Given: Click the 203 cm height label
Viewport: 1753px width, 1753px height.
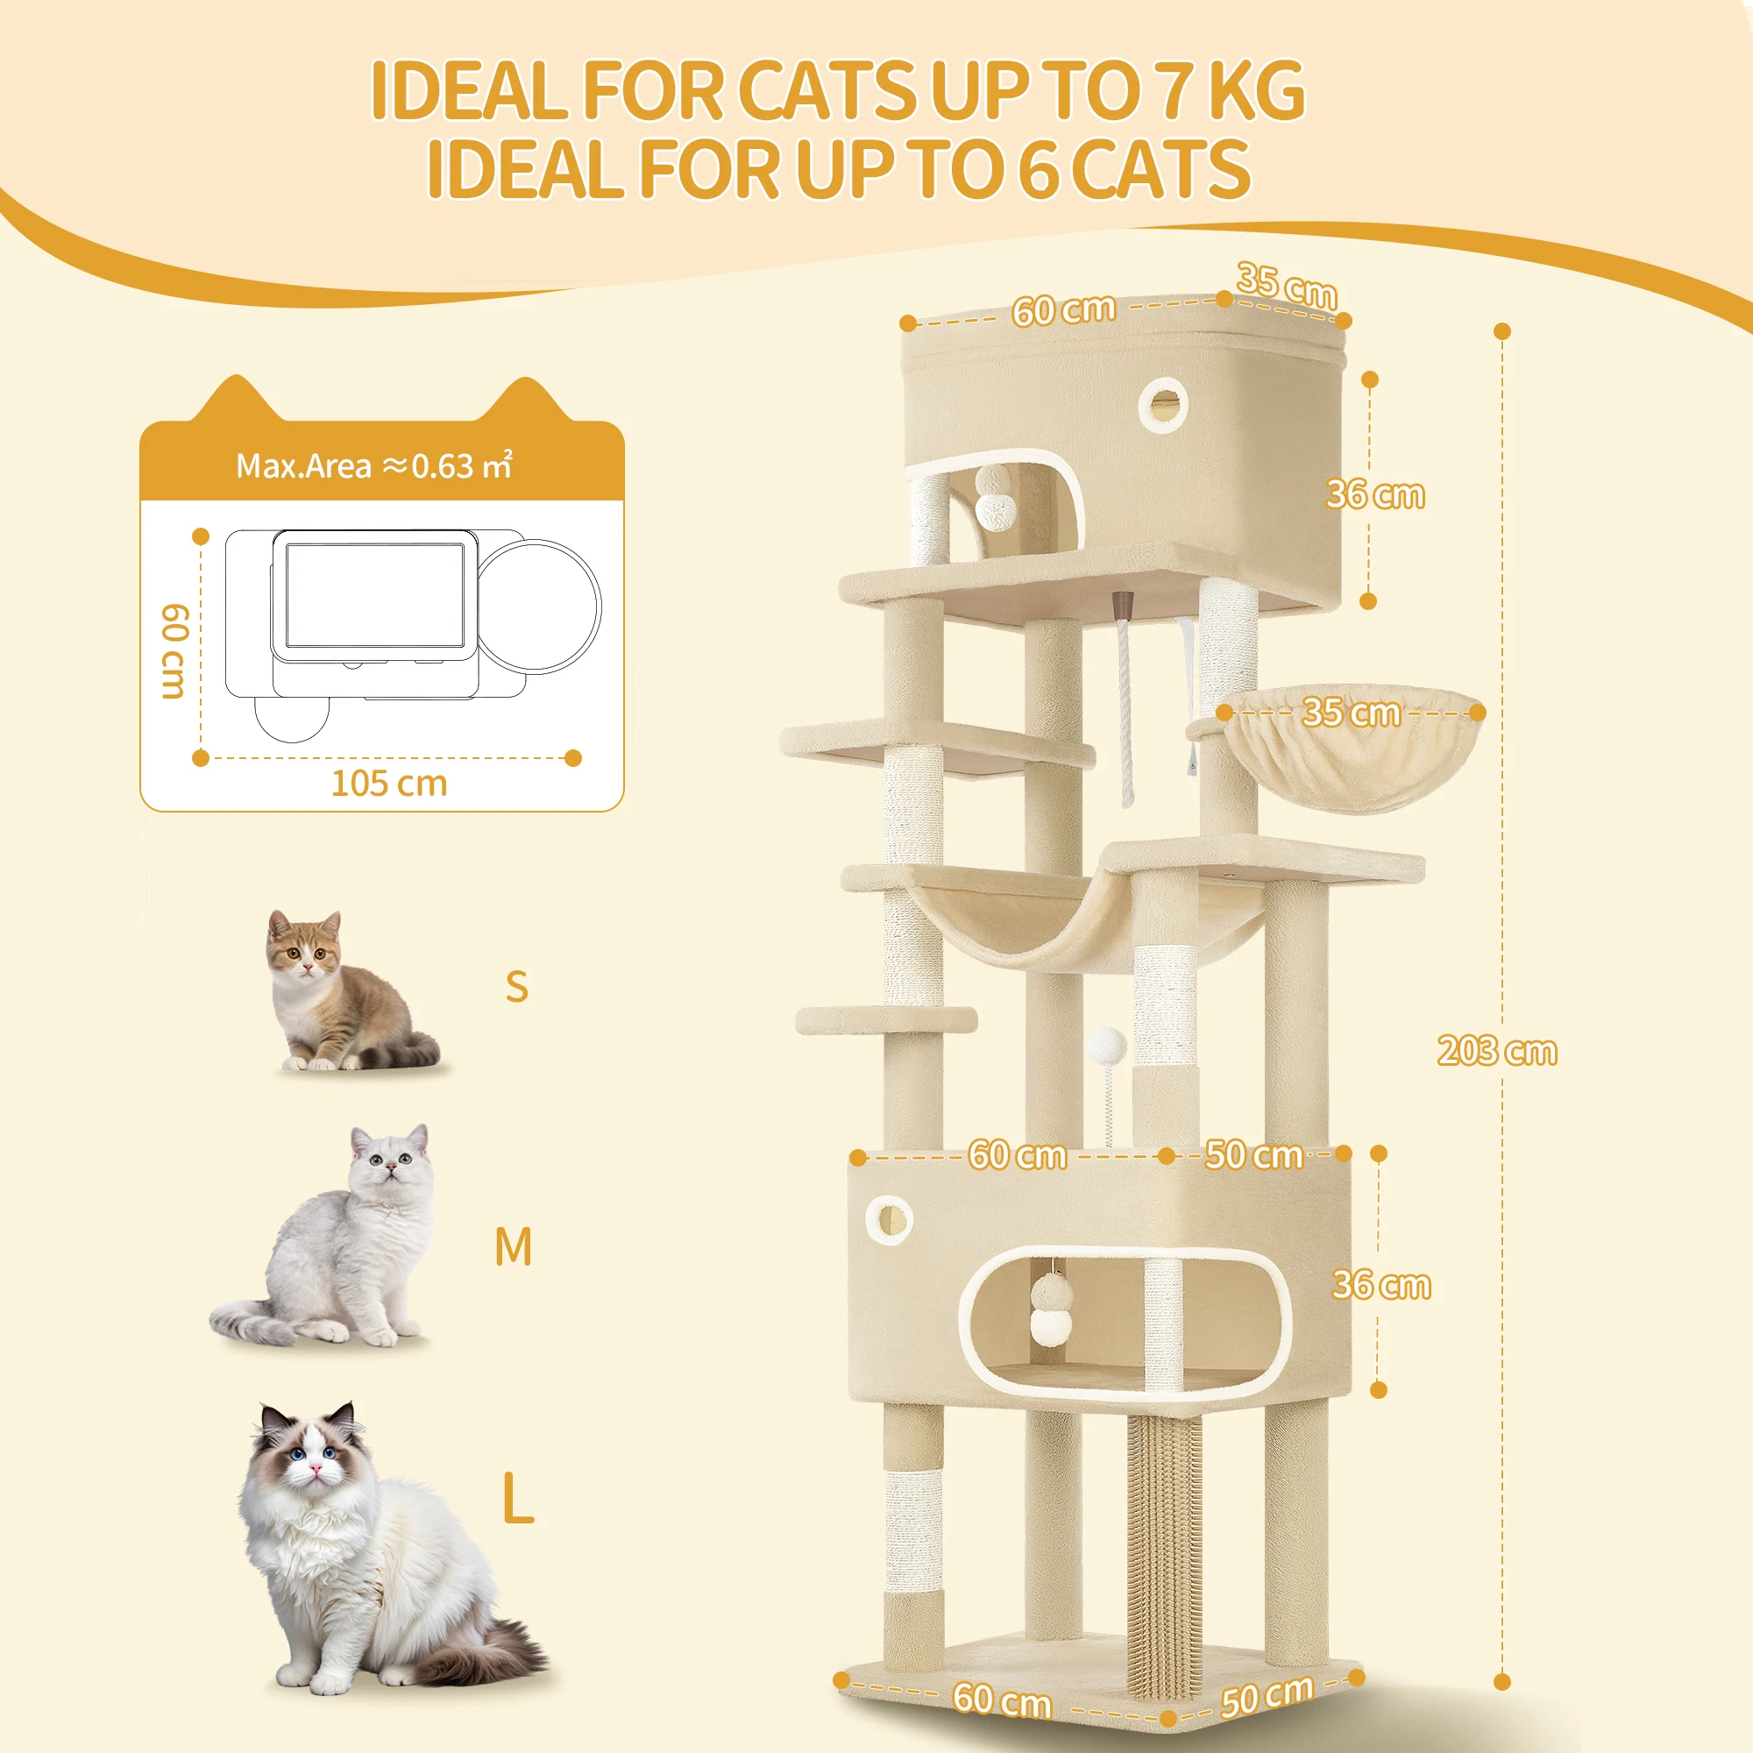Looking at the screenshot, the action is pyautogui.click(x=1497, y=1051).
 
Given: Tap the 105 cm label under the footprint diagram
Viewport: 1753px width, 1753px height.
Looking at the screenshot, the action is pyautogui.click(x=389, y=783).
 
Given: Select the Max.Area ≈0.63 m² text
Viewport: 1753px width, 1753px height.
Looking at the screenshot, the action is pyautogui.click(x=374, y=465).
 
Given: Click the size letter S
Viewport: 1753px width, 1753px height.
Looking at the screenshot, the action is pyautogui.click(x=516, y=986).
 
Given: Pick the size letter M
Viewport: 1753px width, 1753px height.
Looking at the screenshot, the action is pyautogui.click(x=513, y=1246).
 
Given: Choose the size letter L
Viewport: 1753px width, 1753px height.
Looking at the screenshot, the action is pyautogui.click(x=518, y=1499).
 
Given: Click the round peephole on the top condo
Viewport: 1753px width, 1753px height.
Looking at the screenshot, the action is pyautogui.click(x=1163, y=405).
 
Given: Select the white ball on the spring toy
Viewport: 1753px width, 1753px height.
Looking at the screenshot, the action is pyautogui.click(x=1107, y=1047).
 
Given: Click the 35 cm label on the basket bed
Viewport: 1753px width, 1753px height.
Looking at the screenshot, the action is pyautogui.click(x=1351, y=713).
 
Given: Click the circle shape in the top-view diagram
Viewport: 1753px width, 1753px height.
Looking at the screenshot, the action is pyautogui.click(x=539, y=604).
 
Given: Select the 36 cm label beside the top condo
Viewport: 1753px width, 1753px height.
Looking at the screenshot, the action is pyautogui.click(x=1374, y=494).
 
